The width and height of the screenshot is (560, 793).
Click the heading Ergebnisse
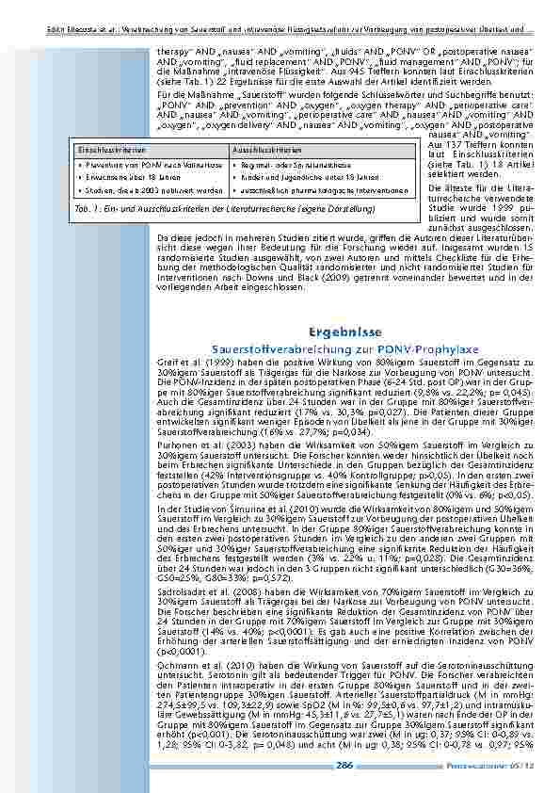[344, 332]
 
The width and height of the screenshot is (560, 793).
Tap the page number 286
[345, 767]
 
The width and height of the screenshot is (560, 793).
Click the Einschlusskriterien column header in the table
[103, 150]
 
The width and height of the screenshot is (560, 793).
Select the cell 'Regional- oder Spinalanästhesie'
[286, 163]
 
